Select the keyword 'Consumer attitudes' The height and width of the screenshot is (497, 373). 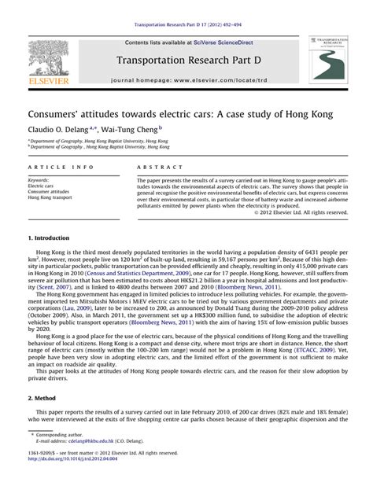tap(46, 190)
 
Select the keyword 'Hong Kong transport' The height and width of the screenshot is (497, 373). tap(50, 197)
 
